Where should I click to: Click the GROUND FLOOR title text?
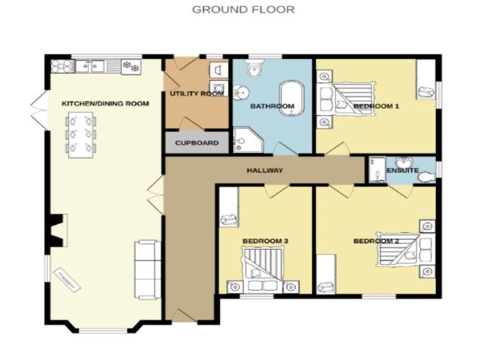coord(233,9)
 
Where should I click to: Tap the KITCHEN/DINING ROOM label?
coord(105,103)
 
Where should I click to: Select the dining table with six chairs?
coord(80,134)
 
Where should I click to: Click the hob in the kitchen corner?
coord(61,66)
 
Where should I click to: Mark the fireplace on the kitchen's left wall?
coord(56,230)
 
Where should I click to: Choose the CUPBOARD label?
coord(197,143)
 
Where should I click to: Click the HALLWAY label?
coord(264,170)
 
